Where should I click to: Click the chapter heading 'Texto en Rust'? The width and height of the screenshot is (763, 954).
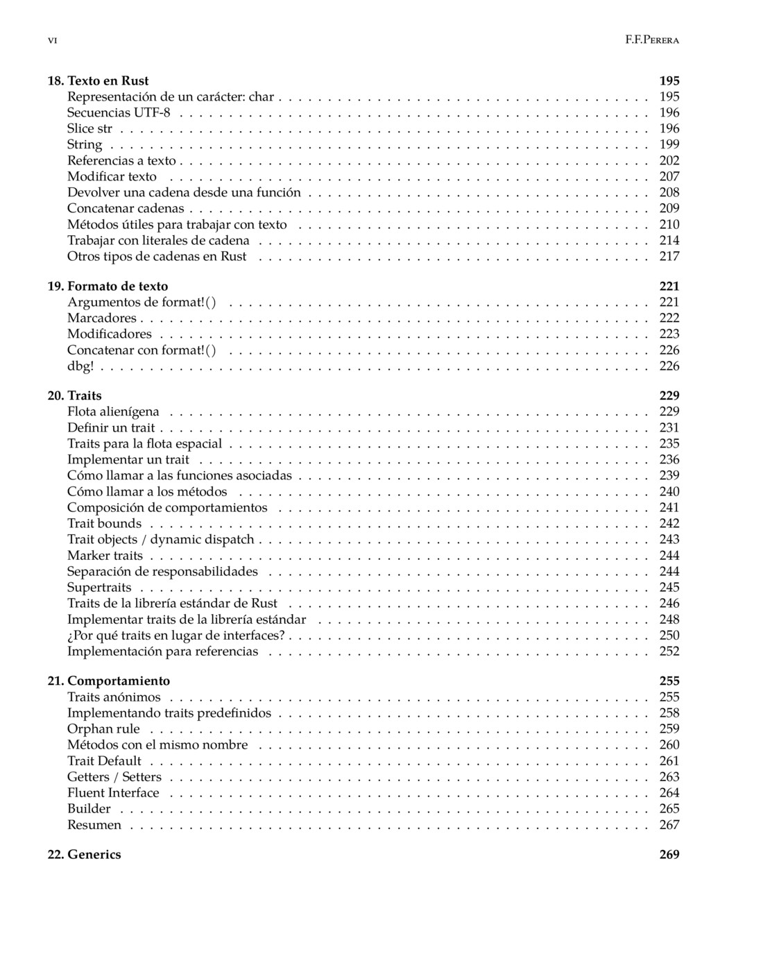[x=108, y=80]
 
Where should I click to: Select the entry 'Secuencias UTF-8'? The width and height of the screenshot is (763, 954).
[x=118, y=112]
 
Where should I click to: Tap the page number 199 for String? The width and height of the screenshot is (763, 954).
[x=669, y=144]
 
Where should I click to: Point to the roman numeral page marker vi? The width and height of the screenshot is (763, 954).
[x=52, y=40]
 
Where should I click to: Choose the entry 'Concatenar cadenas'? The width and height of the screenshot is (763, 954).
[x=126, y=208]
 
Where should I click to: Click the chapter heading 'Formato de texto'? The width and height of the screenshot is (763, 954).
[x=117, y=286]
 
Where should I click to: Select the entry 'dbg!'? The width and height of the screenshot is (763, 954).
[x=80, y=366]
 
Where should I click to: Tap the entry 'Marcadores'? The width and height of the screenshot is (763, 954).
[x=102, y=318]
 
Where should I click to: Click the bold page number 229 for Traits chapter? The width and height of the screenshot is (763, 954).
[x=669, y=395]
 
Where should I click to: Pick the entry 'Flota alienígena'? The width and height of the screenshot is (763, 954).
[x=113, y=411]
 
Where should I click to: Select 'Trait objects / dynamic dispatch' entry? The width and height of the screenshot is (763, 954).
[x=161, y=539]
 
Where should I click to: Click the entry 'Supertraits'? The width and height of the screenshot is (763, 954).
[x=99, y=587]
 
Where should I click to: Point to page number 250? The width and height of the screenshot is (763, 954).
[x=669, y=635]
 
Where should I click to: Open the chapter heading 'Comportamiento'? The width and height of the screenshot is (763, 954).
[x=119, y=681]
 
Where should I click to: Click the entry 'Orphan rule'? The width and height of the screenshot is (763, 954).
[x=103, y=729]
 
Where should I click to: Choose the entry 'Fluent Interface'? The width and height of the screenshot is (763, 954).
[x=113, y=792]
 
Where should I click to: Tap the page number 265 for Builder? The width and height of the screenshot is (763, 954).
[x=669, y=808]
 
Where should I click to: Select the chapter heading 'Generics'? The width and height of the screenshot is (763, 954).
[x=94, y=854]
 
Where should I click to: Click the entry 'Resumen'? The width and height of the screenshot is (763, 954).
[x=94, y=824]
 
